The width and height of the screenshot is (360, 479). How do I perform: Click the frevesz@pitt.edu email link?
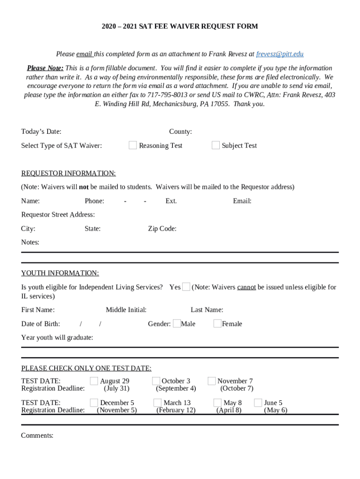280,54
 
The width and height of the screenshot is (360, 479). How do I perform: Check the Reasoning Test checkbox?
133,145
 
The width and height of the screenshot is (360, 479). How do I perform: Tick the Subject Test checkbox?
216,145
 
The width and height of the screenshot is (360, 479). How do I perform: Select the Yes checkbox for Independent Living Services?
186,287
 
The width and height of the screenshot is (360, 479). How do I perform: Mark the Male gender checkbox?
177,323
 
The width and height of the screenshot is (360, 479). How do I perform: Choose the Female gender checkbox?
217,323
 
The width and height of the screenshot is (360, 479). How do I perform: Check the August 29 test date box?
94,381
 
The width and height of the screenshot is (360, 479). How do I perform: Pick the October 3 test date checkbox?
156,381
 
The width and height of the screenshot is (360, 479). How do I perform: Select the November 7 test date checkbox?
212,381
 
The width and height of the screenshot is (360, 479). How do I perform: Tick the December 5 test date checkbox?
94,402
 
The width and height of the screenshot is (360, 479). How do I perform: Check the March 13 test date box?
158,402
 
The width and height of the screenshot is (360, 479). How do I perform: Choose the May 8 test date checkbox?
217,402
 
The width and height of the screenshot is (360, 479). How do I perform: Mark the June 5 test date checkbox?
258,402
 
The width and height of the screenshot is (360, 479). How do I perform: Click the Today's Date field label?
41,132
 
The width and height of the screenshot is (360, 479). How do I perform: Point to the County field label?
180,132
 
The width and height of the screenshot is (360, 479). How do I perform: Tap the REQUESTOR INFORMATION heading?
68,174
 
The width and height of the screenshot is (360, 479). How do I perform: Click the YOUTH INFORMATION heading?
60,273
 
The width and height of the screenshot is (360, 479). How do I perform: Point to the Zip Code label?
162,229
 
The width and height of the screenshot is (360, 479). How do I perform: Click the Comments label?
37,435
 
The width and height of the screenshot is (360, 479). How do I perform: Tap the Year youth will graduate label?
57,337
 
